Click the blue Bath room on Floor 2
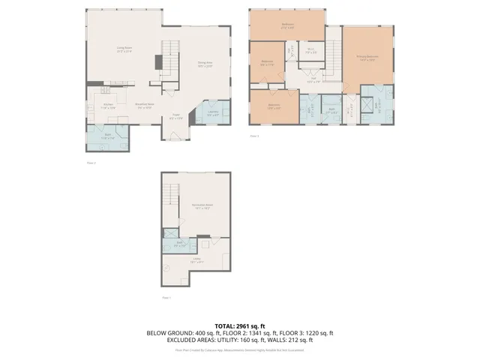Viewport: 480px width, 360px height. (106, 136)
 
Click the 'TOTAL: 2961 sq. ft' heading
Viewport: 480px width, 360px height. (240, 325)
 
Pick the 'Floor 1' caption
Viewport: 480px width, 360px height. (166, 298)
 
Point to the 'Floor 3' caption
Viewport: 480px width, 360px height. (254, 136)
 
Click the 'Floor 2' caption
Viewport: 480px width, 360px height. (91, 162)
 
